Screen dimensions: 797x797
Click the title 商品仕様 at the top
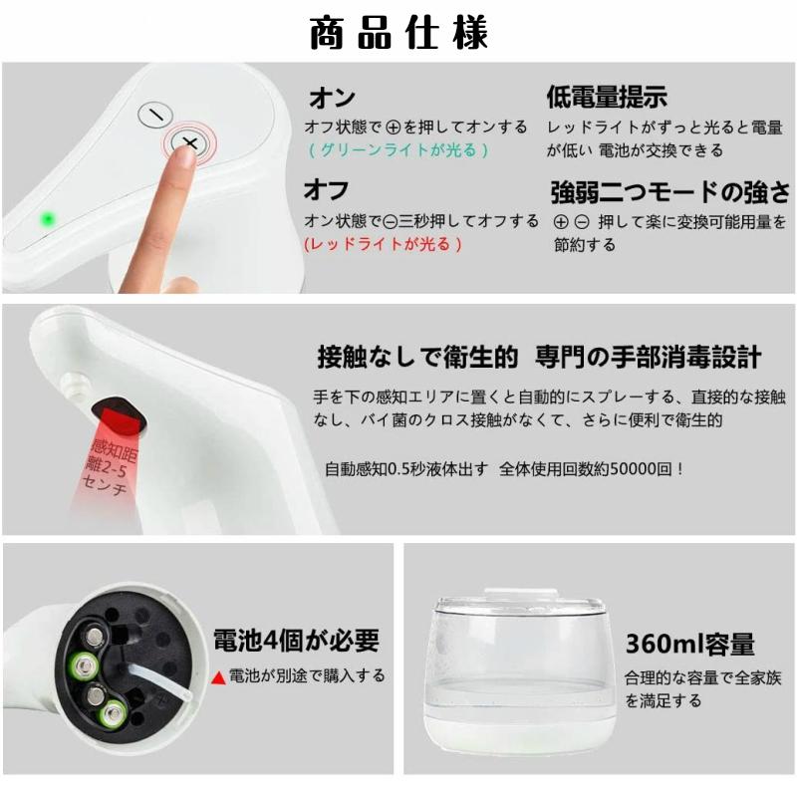(398, 34)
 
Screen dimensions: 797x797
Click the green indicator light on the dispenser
(46, 218)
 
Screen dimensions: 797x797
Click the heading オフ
(326, 190)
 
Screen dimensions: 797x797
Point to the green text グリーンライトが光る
(398, 150)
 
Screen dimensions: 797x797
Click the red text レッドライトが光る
(384, 244)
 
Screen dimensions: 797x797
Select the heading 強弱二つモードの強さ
(670, 191)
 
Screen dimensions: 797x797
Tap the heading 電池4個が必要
(296, 639)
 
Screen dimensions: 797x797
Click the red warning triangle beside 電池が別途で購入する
(218, 676)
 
